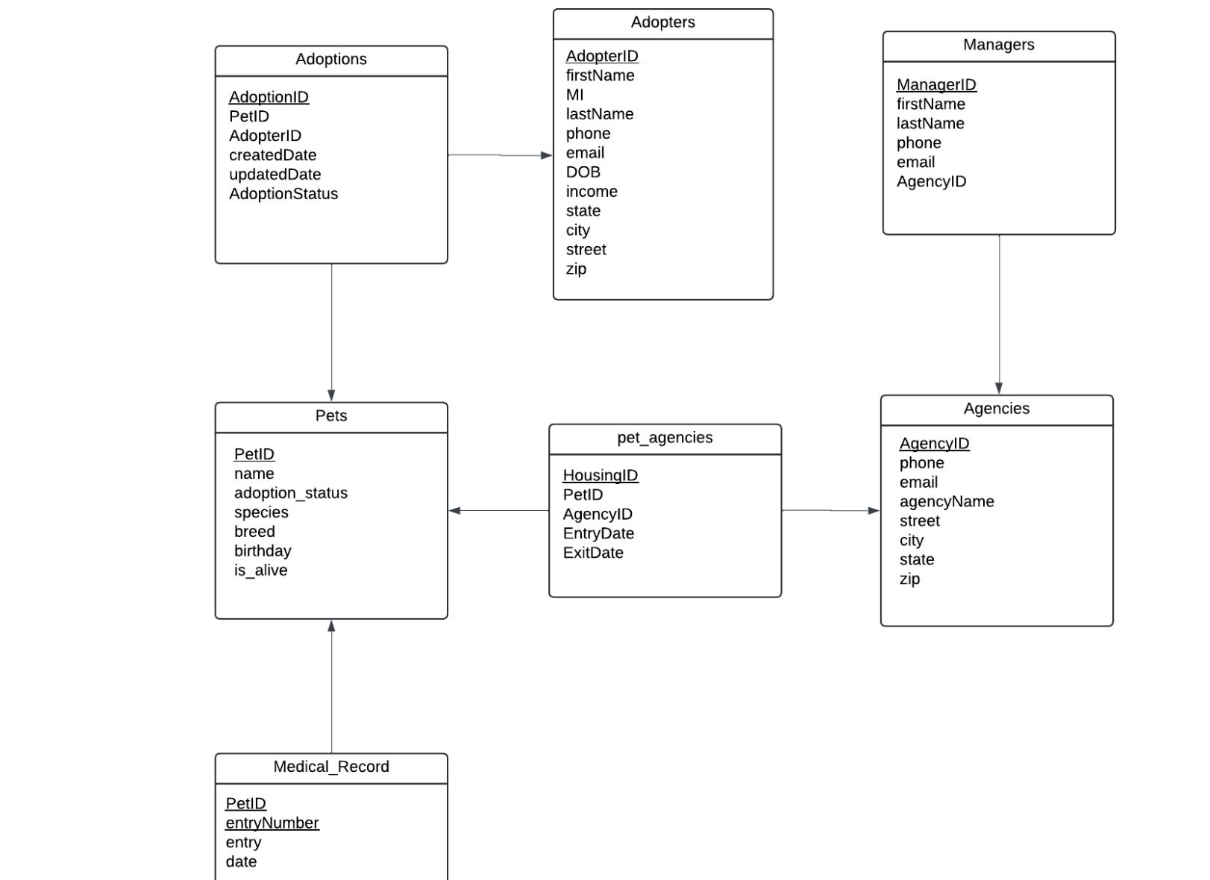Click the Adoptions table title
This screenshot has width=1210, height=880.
pos(330,60)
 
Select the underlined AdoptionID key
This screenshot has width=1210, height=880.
pos(269,97)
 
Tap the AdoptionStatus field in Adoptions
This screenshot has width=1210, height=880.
pos(283,194)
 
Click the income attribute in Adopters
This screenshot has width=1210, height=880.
pos(591,192)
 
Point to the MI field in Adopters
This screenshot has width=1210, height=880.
pos(574,95)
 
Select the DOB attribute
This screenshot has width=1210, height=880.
pos(583,172)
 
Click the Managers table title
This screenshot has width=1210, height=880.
pos(998,45)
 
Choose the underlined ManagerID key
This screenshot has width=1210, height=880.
pos(935,85)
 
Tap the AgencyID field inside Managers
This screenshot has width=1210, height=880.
pos(931,182)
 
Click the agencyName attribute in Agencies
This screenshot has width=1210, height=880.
pos(946,502)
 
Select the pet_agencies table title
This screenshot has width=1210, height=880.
pos(665,438)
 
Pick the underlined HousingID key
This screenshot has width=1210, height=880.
pos(600,476)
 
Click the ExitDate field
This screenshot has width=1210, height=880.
pos(592,553)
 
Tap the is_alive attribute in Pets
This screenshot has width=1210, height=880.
pos(260,571)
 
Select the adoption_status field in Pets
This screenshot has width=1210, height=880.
pos(290,493)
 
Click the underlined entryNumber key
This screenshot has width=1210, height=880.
pos(272,823)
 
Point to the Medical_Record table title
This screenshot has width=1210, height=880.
pos(330,767)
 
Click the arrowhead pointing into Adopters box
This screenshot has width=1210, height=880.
pos(546,155)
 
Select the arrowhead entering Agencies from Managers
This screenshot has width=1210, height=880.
pos(998,388)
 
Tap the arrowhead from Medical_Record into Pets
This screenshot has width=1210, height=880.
pos(331,626)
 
